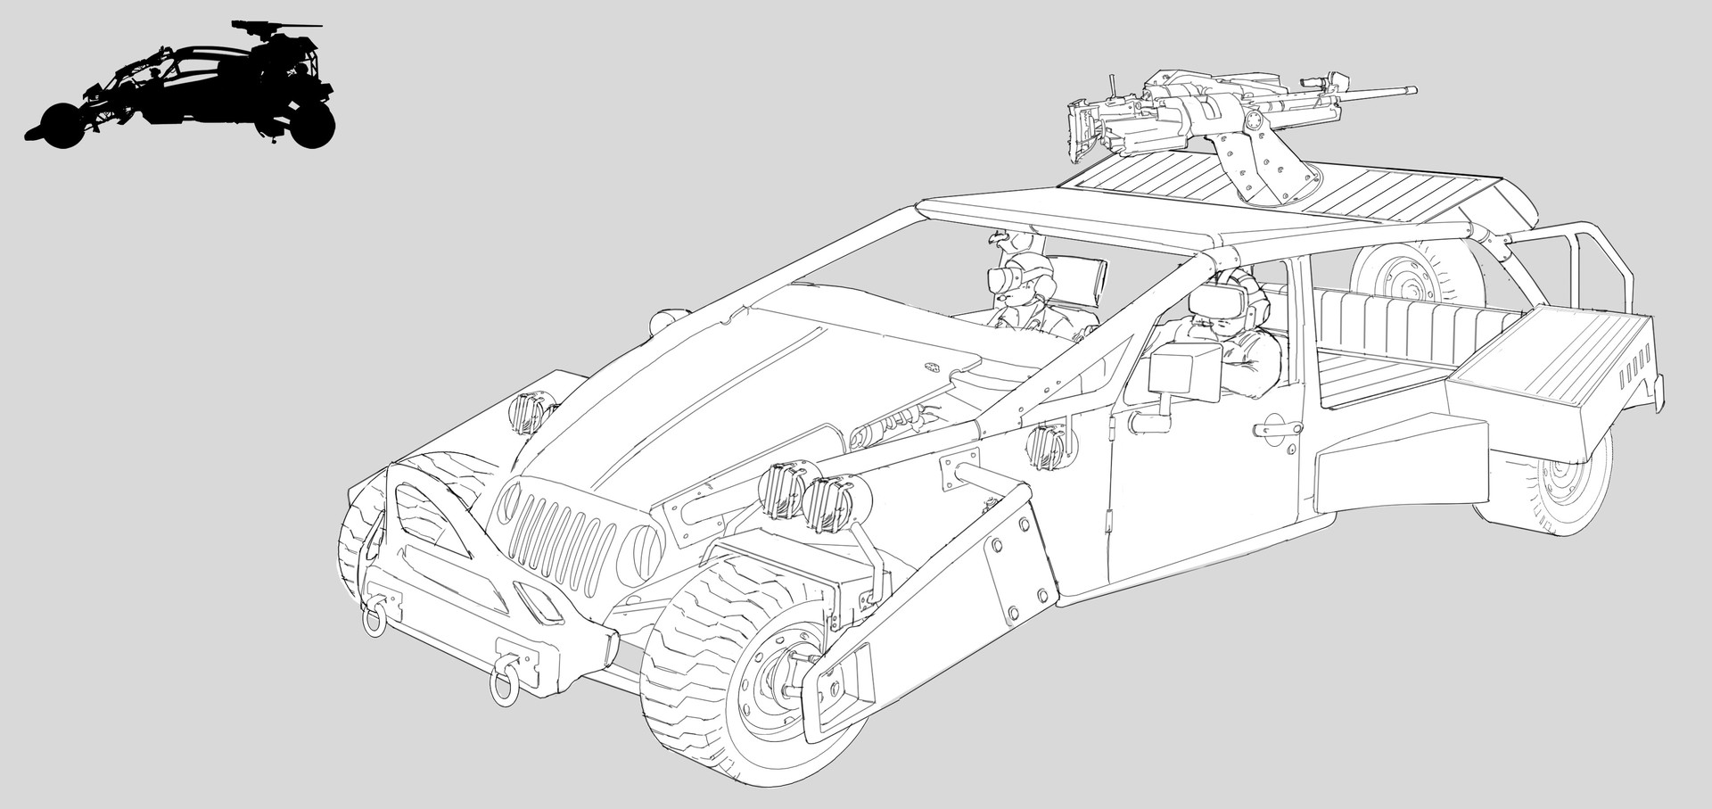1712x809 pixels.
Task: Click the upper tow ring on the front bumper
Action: click(374, 615)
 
